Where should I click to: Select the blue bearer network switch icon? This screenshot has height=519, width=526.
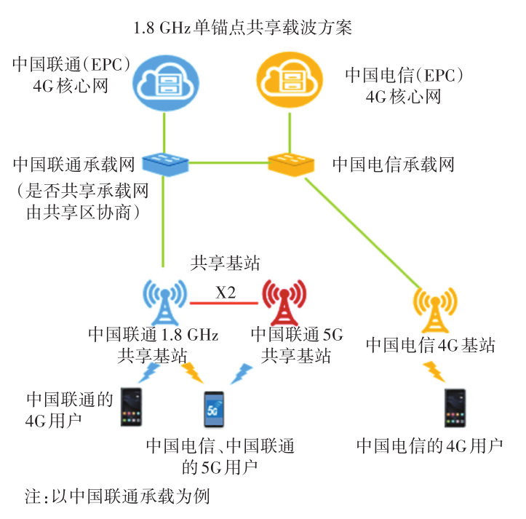166,161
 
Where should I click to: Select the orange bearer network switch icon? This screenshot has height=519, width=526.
290,161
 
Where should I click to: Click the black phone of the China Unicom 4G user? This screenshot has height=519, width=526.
131,408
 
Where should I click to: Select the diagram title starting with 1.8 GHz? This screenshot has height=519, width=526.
242,28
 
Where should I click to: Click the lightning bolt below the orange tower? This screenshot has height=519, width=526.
436,371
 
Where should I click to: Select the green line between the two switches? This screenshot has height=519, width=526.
228,161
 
